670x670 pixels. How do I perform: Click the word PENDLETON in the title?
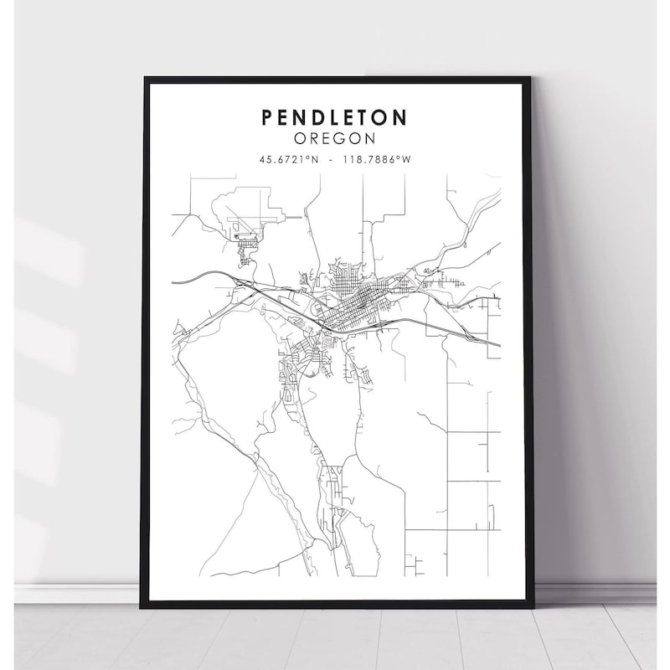335,116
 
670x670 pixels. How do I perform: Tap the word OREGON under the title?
335,137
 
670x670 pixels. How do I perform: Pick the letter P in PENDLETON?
268,116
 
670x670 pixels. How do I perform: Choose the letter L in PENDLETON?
336,116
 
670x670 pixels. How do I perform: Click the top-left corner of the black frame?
145,78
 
